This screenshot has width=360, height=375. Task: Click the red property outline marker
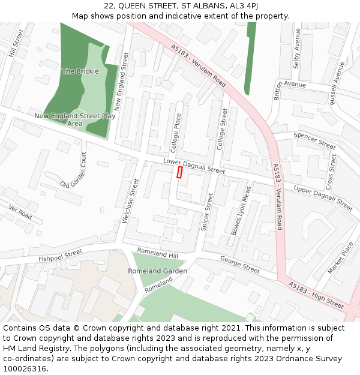179,172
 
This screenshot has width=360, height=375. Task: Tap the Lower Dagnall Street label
194,167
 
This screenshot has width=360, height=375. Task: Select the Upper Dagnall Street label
323,197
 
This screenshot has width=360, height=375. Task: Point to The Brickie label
80,71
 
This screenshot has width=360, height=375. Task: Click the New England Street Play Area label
75,119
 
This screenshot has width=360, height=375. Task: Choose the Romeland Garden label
157,271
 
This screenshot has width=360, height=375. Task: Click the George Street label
240,265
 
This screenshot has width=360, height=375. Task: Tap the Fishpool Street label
60,255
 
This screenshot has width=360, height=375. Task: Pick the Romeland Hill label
158,253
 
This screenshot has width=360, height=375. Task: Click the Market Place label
341,258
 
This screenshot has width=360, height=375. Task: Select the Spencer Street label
314,140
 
